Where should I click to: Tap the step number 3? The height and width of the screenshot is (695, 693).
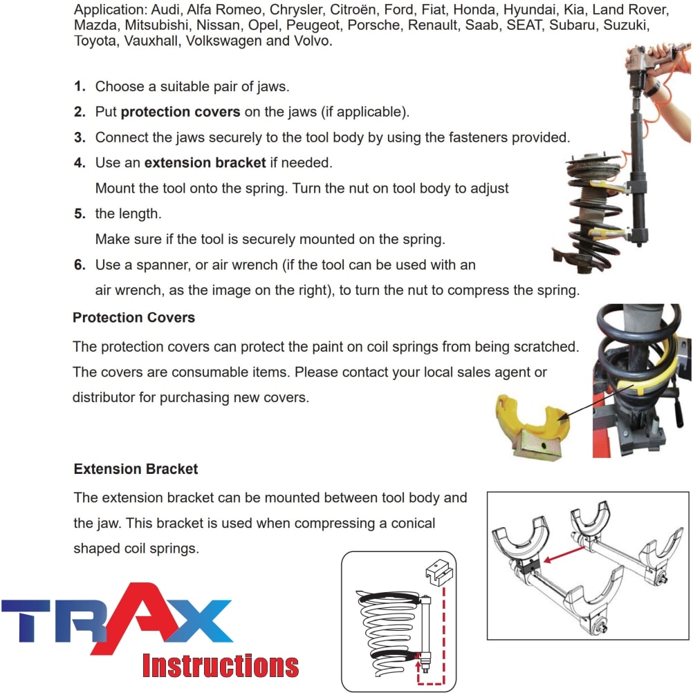[x=80, y=137]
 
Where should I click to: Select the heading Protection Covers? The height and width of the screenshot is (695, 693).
[x=133, y=318]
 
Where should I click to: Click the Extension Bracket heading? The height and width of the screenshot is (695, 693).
[x=136, y=469]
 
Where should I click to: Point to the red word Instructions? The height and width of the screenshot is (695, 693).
[x=221, y=665]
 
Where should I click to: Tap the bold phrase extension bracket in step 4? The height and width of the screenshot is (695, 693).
[x=205, y=163]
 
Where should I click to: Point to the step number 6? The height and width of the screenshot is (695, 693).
[x=80, y=265]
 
